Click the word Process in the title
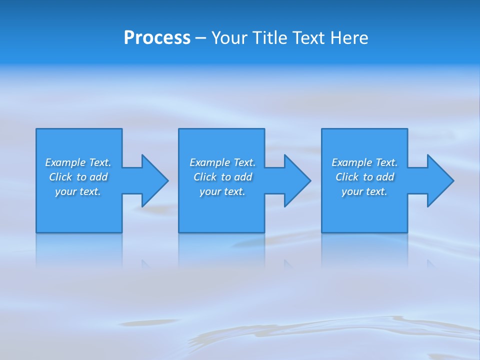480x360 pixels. click(x=157, y=38)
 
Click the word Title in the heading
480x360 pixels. click(x=269, y=38)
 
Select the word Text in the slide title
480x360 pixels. click(x=309, y=38)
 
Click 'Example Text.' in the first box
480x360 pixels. click(x=78, y=162)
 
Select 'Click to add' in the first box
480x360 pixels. click(x=78, y=177)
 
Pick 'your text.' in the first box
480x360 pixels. click(x=78, y=191)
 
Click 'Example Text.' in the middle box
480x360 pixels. click(x=222, y=162)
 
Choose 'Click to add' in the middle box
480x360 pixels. click(x=222, y=177)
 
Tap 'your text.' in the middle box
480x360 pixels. click(x=222, y=191)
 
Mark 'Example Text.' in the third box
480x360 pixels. click(x=364, y=162)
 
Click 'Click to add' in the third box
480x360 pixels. click(x=364, y=177)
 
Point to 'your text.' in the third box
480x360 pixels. click(x=364, y=191)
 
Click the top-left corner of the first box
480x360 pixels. click(x=36, y=129)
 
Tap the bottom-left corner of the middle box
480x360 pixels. click(x=179, y=232)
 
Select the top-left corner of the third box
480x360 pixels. click(x=322, y=129)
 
